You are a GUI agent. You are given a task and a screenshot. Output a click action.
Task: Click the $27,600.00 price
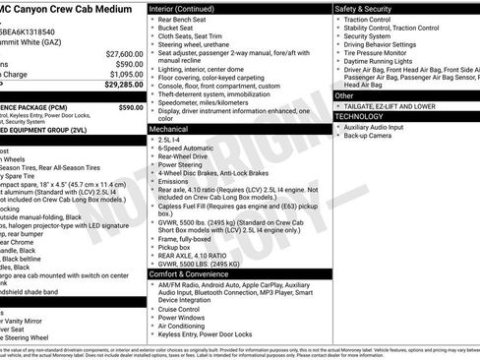124,53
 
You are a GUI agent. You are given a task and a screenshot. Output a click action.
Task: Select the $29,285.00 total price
123,86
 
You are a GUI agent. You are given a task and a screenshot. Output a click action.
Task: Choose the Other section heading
345,95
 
